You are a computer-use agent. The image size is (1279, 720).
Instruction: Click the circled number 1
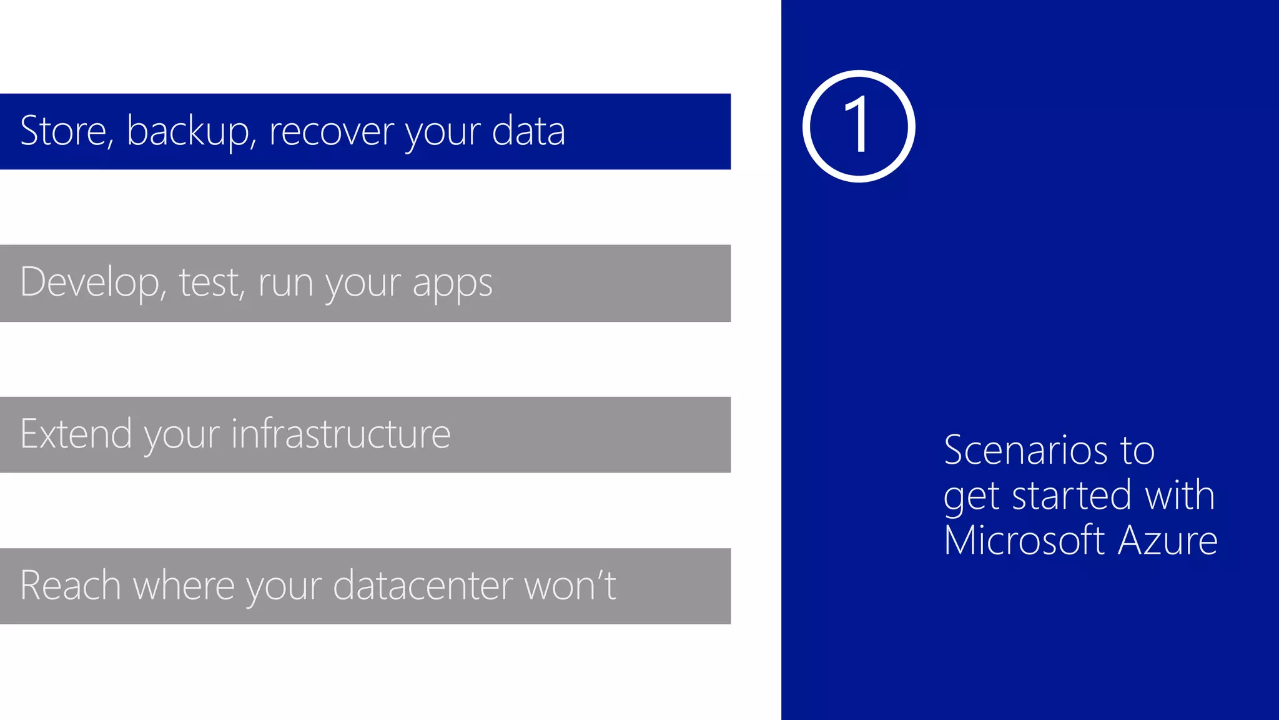click(x=859, y=126)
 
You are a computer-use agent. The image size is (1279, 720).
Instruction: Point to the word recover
click(x=332, y=132)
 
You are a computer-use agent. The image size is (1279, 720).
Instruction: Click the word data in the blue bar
click(x=528, y=131)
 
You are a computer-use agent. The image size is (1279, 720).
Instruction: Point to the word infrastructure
click(x=341, y=434)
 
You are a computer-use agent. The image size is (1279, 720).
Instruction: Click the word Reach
click(x=70, y=586)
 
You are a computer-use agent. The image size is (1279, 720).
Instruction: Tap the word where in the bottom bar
click(x=184, y=586)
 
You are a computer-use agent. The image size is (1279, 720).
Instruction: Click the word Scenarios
click(x=1025, y=450)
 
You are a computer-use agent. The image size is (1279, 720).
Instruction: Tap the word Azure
click(x=1168, y=540)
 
